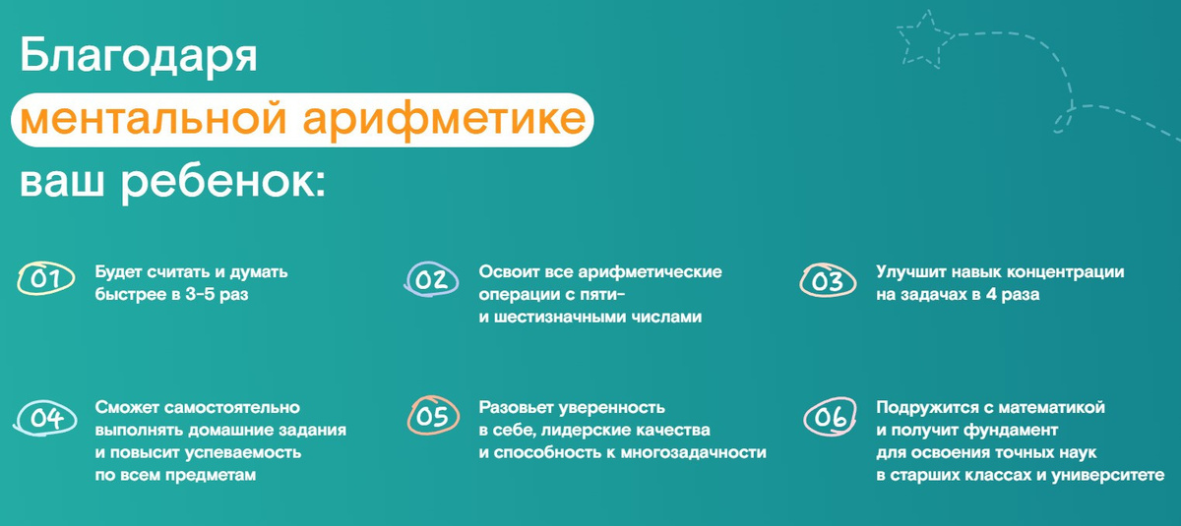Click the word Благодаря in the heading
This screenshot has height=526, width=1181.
click(x=139, y=57)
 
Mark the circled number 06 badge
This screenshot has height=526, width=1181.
click(x=828, y=418)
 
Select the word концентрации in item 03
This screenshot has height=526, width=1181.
click(x=1068, y=272)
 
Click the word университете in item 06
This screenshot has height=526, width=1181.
click(x=1110, y=476)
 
